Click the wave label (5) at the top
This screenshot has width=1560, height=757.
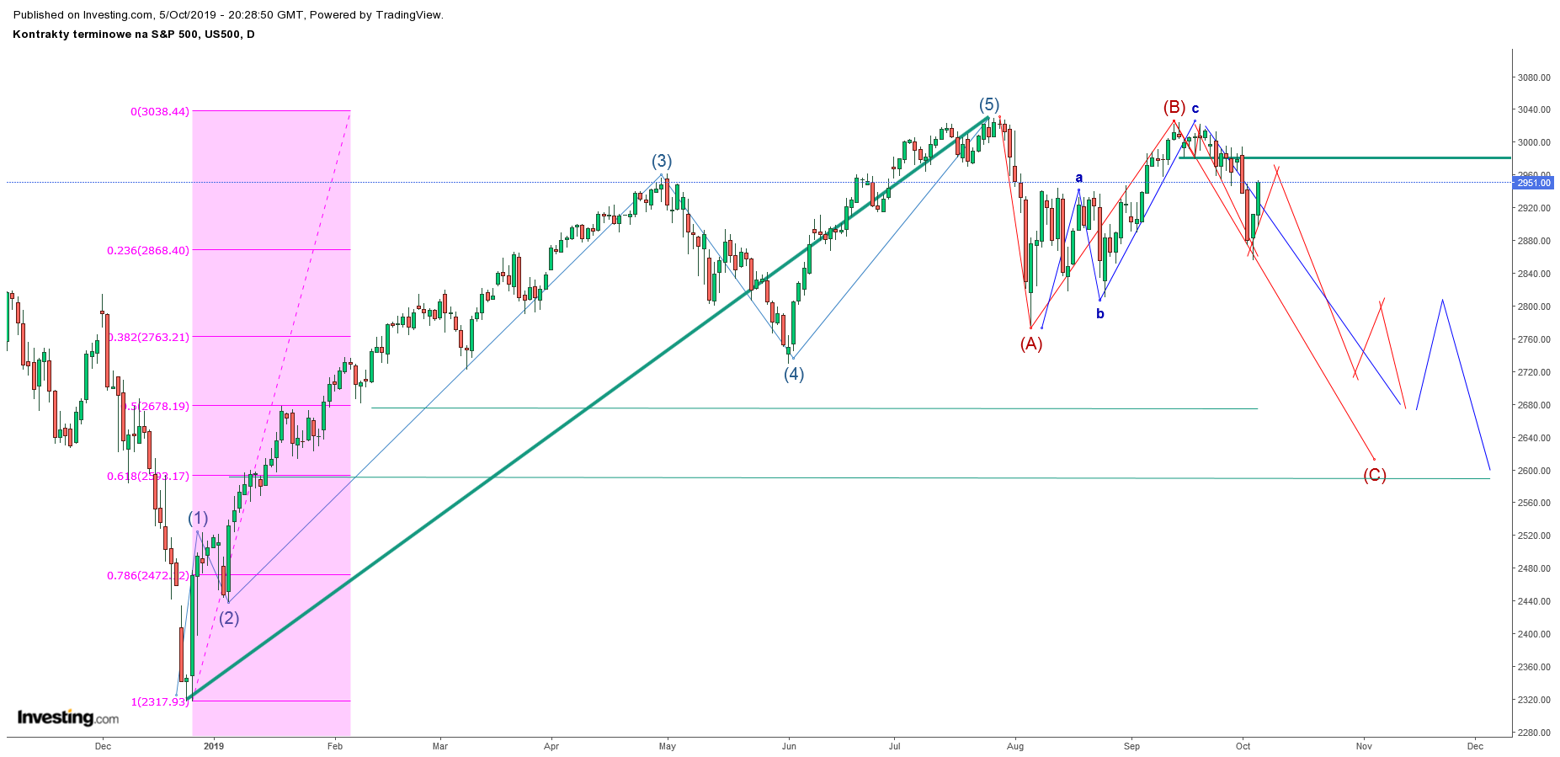(x=988, y=105)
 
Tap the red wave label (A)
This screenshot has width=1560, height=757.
(x=1031, y=344)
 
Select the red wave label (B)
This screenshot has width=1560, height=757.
(x=1174, y=108)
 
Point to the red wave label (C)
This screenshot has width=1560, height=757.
(x=1374, y=476)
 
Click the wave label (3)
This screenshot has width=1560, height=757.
(x=661, y=162)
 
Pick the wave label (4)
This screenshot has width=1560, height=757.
(x=794, y=375)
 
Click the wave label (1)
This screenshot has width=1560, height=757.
(x=198, y=519)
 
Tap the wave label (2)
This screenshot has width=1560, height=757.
(x=229, y=619)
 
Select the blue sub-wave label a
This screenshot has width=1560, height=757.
(x=1078, y=178)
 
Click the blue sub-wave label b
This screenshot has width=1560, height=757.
(x=1099, y=314)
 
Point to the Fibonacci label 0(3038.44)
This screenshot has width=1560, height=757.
(x=160, y=111)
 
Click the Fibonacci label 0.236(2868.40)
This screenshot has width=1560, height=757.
(x=148, y=250)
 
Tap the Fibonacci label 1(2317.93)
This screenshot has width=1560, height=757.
(x=159, y=701)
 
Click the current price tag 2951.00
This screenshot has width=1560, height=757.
(x=1533, y=183)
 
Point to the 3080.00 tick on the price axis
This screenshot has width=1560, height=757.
(x=1533, y=77)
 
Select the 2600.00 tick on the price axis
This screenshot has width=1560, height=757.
(x=1533, y=471)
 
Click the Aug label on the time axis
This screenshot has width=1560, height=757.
(x=1015, y=746)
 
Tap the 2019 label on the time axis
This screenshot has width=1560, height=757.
(x=214, y=746)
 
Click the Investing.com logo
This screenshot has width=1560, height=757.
(x=68, y=717)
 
